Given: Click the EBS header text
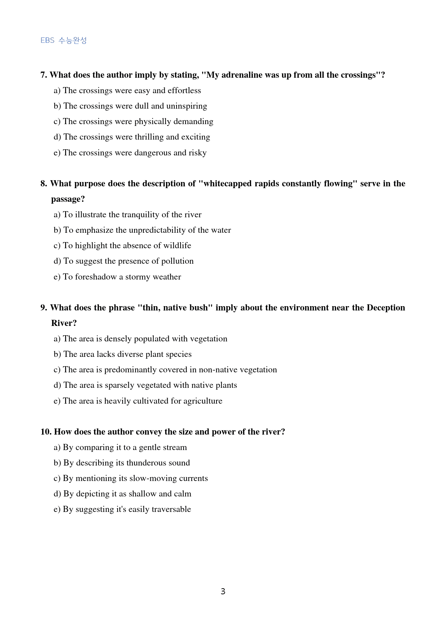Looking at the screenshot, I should (x=64, y=40).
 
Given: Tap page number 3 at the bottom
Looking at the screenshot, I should (x=223, y=591).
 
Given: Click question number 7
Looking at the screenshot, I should (x=44, y=75).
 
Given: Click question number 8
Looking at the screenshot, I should (x=44, y=183).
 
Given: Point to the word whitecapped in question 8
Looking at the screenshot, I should (x=228, y=183).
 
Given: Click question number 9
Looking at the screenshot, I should (x=44, y=308).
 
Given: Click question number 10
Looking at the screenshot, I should (x=46, y=432).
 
